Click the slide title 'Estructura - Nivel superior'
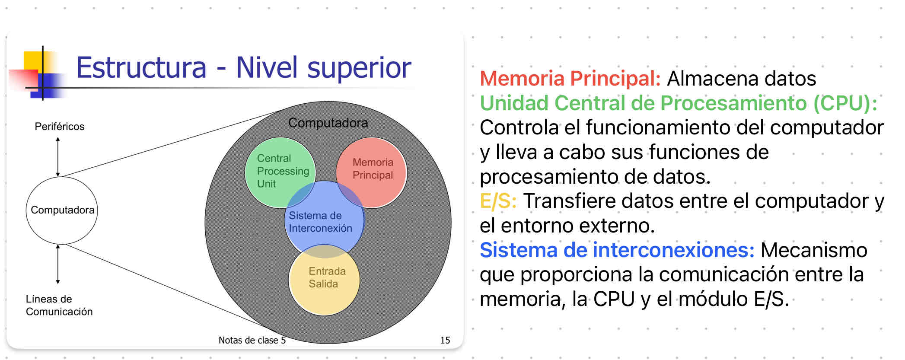pos(243,68)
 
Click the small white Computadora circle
pos(62,210)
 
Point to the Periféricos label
pos(59,127)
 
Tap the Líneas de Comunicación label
pos(59,305)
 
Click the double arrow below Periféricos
pos(58,156)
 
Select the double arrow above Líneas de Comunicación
pos(58,264)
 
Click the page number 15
pos(445,340)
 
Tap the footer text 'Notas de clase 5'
pos(252,340)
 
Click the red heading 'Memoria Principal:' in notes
pos(570,79)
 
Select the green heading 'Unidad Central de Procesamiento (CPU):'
pos(678,103)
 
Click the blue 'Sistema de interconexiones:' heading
pos(617,250)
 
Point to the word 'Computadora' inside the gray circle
pos(328,123)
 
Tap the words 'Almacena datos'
pos(741,79)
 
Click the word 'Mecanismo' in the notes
pos(813,250)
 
